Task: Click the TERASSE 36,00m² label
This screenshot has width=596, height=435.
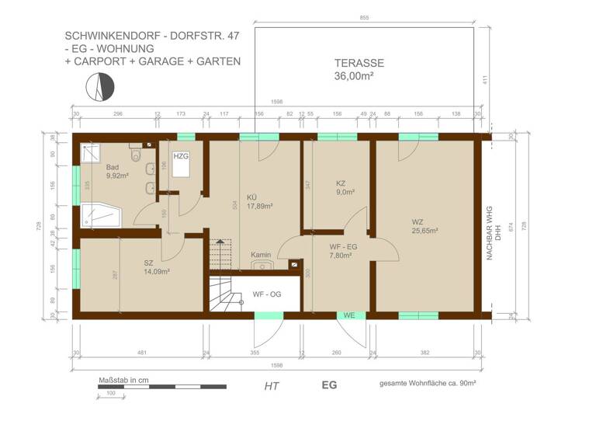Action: (x=359, y=70)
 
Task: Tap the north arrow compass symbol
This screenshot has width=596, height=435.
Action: (x=102, y=87)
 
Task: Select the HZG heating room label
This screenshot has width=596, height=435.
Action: (x=181, y=156)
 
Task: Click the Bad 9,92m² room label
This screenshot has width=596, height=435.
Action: (x=116, y=170)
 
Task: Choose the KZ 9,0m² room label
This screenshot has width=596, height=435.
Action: (x=345, y=187)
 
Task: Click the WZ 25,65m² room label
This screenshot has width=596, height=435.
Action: (x=424, y=225)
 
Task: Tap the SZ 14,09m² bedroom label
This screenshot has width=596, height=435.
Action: (x=156, y=266)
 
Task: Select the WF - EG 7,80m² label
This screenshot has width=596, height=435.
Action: (x=343, y=250)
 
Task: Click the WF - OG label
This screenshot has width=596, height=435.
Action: (x=266, y=294)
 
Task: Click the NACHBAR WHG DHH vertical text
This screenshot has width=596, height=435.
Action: (x=494, y=233)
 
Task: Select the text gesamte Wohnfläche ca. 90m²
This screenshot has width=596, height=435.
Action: (x=427, y=384)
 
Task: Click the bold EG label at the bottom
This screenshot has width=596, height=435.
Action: (x=330, y=385)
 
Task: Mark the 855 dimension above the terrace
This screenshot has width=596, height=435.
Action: (x=364, y=17)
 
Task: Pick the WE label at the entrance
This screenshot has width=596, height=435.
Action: (x=350, y=315)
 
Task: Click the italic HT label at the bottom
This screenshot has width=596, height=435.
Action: (x=272, y=385)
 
